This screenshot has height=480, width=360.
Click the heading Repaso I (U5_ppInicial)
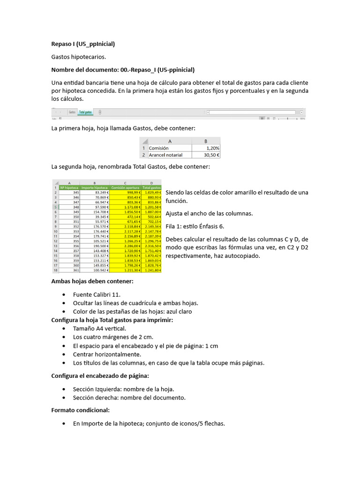(83, 44)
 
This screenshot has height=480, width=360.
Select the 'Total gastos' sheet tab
(85, 112)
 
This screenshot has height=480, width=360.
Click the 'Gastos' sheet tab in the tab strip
(72, 112)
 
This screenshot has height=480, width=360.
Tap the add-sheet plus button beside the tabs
(100, 112)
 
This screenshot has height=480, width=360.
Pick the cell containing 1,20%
(206, 148)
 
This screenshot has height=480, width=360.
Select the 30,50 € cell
(206, 155)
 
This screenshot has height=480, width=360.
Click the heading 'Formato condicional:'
(80, 410)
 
